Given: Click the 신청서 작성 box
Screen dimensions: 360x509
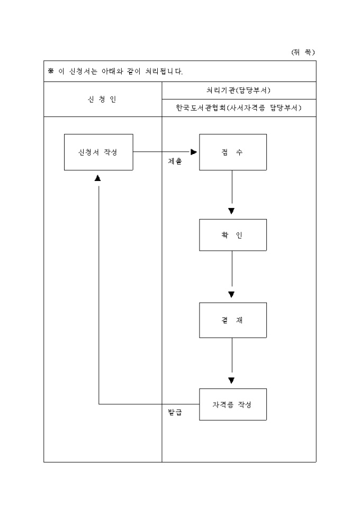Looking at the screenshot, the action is (x=98, y=152).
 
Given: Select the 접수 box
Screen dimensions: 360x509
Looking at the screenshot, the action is (x=232, y=152).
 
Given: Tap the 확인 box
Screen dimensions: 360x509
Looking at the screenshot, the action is (x=232, y=235).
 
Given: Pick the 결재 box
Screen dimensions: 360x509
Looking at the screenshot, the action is (x=232, y=320).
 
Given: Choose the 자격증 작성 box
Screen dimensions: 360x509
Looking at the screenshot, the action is (x=232, y=404).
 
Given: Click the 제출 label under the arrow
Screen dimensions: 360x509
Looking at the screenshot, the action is (x=175, y=161).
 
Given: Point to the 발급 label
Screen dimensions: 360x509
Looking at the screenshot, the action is (x=175, y=412).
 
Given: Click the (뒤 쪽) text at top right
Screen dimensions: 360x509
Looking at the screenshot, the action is (x=303, y=52).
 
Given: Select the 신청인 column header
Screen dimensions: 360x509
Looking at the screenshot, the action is (x=102, y=99).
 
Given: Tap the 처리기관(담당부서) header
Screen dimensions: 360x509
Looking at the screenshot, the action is (x=238, y=90).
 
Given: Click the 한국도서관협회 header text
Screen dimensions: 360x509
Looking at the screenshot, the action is (x=201, y=108).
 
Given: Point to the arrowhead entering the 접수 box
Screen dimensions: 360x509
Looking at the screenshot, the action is (x=194, y=152).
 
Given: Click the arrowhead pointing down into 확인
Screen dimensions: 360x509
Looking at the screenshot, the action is (x=231, y=211).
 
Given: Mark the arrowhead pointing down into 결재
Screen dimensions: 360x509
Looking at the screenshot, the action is (x=231, y=295).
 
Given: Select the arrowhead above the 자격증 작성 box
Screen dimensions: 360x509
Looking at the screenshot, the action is (x=231, y=380).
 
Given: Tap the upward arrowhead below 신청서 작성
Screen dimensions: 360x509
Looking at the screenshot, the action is (x=98, y=178).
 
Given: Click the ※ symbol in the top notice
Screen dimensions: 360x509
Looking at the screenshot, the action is (x=51, y=71).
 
